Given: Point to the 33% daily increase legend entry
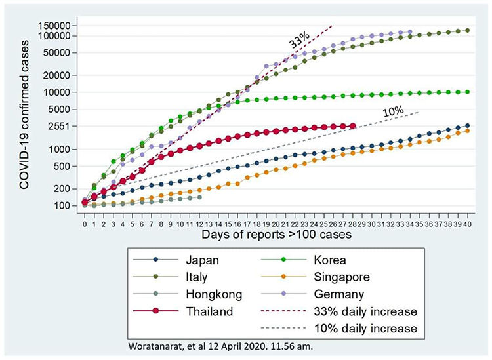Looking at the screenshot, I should (x=351, y=311).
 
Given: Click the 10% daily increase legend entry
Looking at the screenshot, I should (x=351, y=328).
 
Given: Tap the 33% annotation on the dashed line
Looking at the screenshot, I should (x=299, y=41).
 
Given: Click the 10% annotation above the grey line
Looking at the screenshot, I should (x=392, y=112).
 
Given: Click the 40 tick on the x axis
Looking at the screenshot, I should (x=468, y=224).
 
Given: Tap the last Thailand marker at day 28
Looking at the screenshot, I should (x=353, y=126).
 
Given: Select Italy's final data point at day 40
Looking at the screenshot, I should (x=468, y=30).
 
